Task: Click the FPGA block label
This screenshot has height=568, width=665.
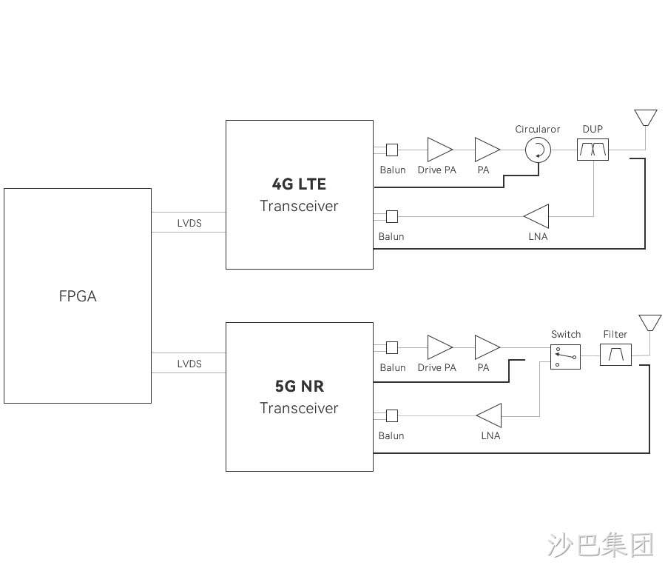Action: click(78, 296)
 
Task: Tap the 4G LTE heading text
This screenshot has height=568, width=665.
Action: click(299, 184)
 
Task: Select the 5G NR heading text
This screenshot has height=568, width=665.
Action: click(300, 387)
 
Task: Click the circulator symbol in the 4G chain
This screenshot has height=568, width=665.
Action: click(539, 150)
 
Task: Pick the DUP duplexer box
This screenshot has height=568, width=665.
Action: click(593, 150)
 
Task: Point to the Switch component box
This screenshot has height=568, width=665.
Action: click(565, 357)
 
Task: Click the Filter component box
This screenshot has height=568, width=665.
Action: click(615, 355)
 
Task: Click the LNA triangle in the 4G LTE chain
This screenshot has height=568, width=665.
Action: click(536, 216)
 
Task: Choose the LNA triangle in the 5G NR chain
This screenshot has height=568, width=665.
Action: click(489, 415)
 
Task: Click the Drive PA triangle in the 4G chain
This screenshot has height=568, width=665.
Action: click(440, 150)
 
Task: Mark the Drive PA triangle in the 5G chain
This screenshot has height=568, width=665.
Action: click(440, 347)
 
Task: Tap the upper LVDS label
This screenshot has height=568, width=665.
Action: click(189, 224)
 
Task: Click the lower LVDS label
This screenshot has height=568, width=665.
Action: click(189, 364)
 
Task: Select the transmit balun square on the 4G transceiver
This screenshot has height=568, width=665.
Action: click(392, 150)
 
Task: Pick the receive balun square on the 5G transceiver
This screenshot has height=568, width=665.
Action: click(392, 415)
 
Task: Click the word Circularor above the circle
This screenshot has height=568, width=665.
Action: click(537, 129)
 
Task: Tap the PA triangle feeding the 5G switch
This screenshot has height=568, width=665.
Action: click(487, 347)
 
